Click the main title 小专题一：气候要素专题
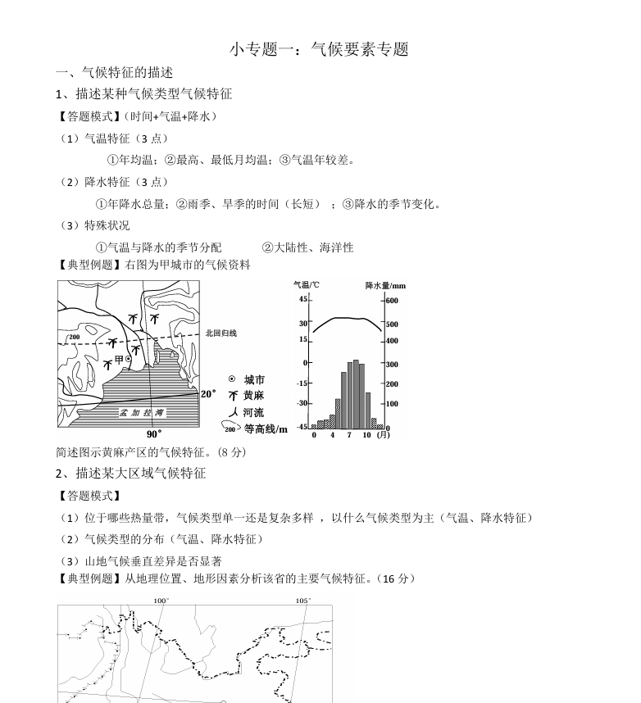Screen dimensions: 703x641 coord(319,49)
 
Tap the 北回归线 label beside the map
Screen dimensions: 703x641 coord(220,333)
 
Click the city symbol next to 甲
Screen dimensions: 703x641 coord(128,360)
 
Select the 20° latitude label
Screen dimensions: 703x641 coord(209,394)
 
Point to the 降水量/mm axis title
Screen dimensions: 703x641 coord(385,286)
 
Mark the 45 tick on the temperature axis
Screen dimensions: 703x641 coord(302,300)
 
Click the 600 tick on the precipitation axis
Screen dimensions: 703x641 coord(392,301)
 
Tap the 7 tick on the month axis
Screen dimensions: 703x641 coord(349,435)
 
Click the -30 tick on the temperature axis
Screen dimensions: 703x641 coord(302,403)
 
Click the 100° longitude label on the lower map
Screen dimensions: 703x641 coord(161,601)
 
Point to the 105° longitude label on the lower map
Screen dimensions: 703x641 coord(303,601)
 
